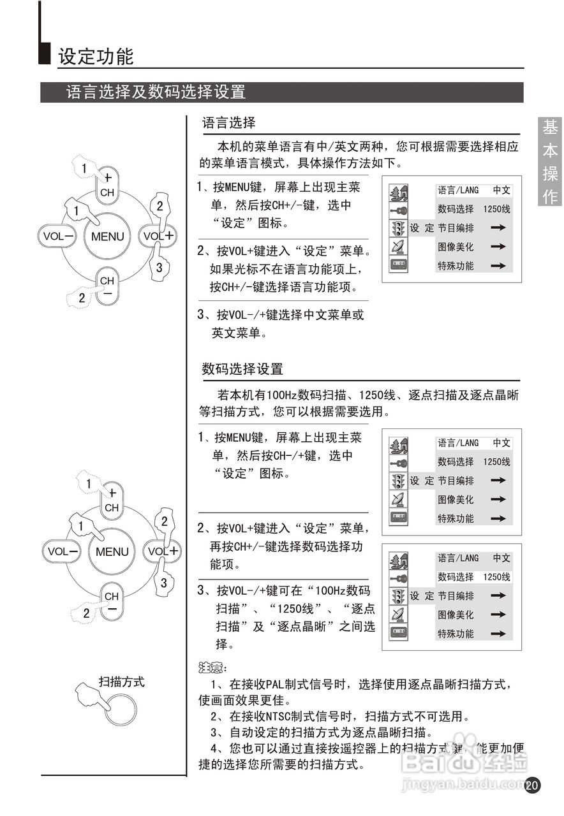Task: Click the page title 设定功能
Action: click(x=96, y=57)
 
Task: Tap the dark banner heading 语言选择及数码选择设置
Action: click(x=156, y=92)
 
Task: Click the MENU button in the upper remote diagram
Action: click(x=107, y=236)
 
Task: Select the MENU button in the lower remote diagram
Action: click(x=112, y=552)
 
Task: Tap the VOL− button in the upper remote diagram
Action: click(x=58, y=236)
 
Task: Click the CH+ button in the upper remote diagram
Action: click(x=108, y=186)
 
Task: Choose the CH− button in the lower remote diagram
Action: click(x=112, y=602)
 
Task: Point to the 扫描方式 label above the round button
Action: click(x=121, y=681)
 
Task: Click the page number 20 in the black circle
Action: click(x=532, y=785)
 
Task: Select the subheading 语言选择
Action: click(x=228, y=122)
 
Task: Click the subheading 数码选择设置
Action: click(x=242, y=368)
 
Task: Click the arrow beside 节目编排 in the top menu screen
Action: click(x=498, y=228)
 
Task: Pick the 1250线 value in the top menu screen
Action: click(x=497, y=209)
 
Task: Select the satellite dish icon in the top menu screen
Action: click(x=398, y=247)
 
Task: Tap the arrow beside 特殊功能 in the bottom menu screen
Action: click(x=498, y=634)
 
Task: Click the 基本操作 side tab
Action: click(x=550, y=162)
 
